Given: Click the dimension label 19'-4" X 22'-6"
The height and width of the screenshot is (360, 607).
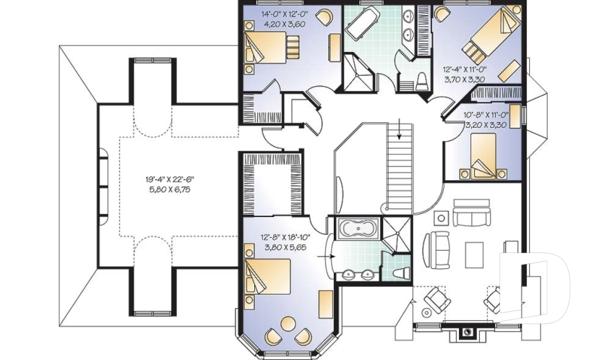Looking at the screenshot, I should click(x=168, y=179).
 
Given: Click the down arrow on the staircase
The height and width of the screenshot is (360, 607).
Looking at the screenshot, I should click(x=399, y=132).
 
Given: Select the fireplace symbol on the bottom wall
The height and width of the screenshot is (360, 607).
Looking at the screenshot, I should click(x=467, y=330).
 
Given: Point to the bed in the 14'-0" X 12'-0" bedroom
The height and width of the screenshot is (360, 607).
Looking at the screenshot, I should click(x=271, y=48).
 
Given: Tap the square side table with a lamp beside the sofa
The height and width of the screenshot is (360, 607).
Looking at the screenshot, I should click(x=441, y=218).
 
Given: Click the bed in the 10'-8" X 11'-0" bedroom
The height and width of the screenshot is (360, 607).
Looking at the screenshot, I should click(x=484, y=158).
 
